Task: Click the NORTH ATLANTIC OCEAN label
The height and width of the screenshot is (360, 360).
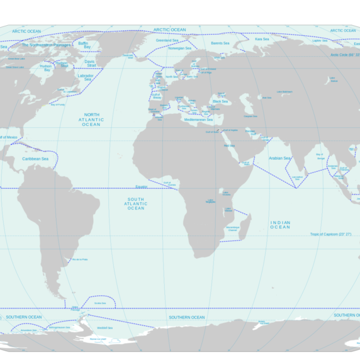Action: pos(91,120)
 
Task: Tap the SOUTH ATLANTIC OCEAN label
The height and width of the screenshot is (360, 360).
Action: pos(136,203)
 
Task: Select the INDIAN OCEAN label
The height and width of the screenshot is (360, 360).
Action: pos(281,225)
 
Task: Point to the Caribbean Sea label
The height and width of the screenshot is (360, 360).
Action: pos(36,159)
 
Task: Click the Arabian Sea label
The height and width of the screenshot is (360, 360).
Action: pos(280,158)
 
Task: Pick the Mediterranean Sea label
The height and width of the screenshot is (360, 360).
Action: pos(199,119)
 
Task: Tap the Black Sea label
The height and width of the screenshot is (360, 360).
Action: pos(220,101)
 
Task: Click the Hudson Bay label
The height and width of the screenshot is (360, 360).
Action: pos(45,68)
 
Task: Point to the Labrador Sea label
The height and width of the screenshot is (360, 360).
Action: pos(86,77)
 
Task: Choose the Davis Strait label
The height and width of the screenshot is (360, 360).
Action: pos(91,64)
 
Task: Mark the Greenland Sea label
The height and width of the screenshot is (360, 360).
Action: pos(167,40)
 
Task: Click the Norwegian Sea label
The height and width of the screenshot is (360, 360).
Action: pos(180,48)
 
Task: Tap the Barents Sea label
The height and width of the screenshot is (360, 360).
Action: pos(220,43)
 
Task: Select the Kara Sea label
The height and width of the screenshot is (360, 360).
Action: pos(262,39)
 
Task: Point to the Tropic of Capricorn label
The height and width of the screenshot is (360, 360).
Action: pos(330,234)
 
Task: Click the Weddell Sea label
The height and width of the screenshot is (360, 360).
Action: pos(105,328)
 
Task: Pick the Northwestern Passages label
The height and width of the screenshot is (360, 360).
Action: pos(47,45)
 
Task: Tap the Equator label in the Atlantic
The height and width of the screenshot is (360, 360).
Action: pos(141,186)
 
